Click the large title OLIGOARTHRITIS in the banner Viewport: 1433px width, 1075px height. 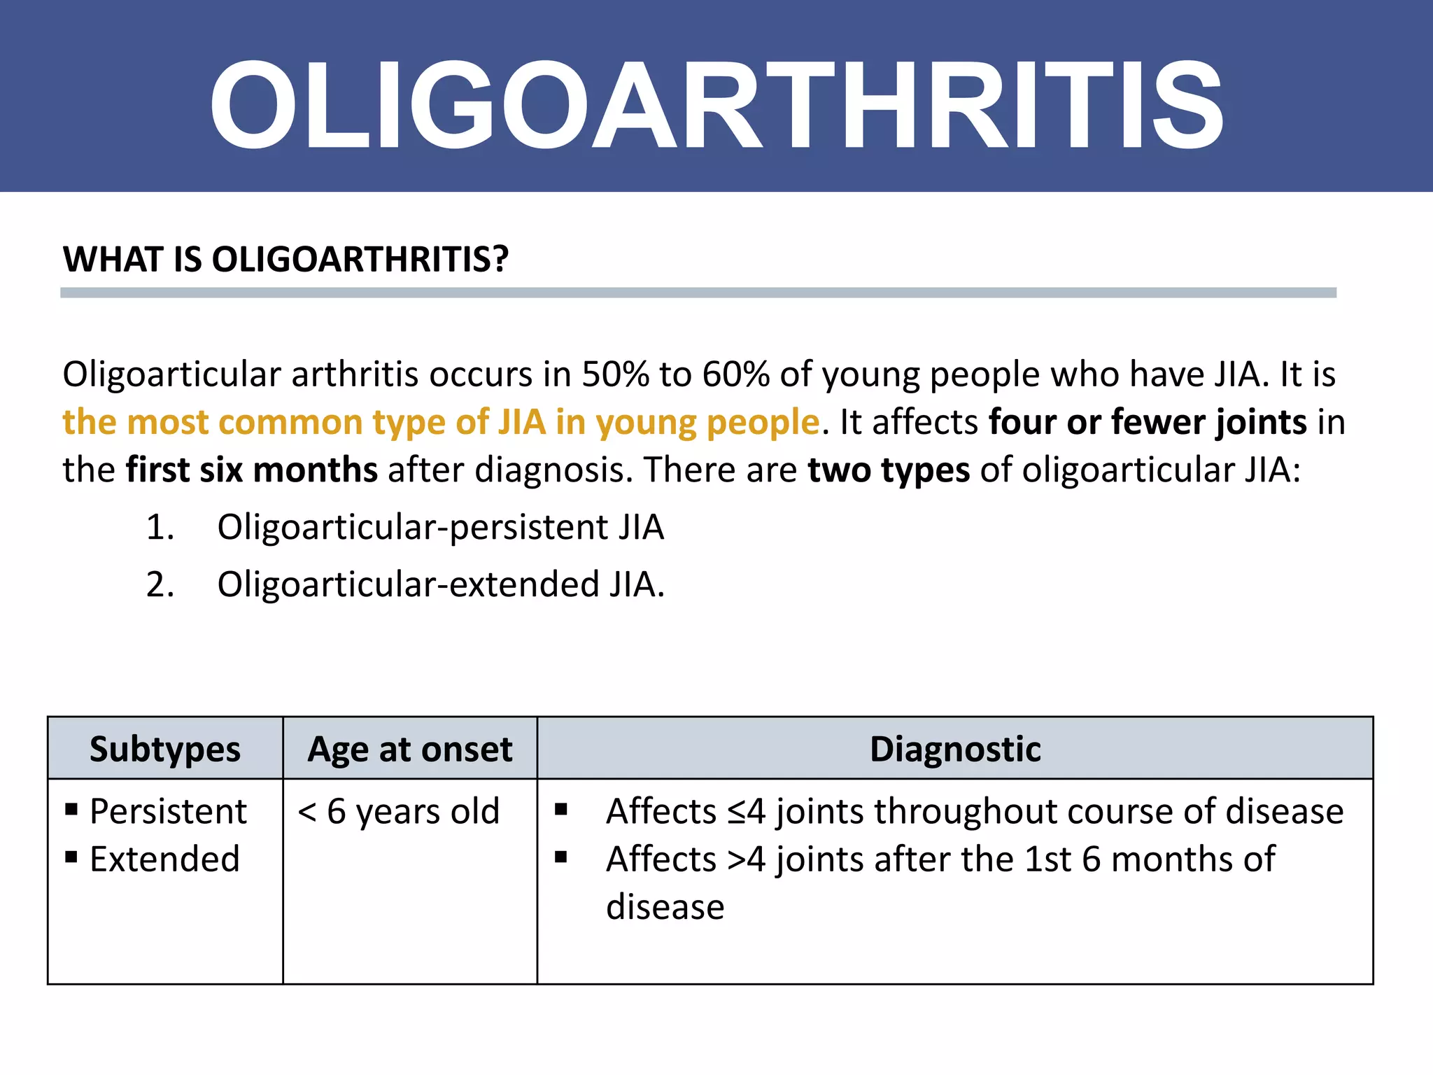coord(716,105)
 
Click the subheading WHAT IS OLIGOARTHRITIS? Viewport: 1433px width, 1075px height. coord(285,260)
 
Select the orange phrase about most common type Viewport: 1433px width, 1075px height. coord(441,422)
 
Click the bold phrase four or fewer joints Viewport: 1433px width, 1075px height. coord(1148,422)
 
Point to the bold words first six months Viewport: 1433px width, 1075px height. coord(252,470)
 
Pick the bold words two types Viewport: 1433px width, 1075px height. coord(889,470)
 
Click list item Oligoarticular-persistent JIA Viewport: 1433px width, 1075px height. coord(440,527)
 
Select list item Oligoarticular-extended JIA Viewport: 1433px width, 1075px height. coord(440,584)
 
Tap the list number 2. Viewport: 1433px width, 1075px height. coord(160,584)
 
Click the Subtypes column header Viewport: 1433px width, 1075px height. coord(165,749)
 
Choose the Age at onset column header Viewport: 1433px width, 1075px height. coord(410,749)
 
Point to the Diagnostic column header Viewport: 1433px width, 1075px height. coord(955,749)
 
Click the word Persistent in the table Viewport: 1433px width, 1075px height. coord(168,812)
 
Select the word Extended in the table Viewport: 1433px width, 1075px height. coord(165,859)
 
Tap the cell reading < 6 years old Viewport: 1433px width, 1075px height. coord(399,812)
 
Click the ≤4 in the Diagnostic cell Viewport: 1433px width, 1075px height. coord(746,812)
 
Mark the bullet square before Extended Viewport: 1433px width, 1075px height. coord(71,857)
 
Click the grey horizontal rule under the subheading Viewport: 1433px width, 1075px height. coord(698,293)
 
